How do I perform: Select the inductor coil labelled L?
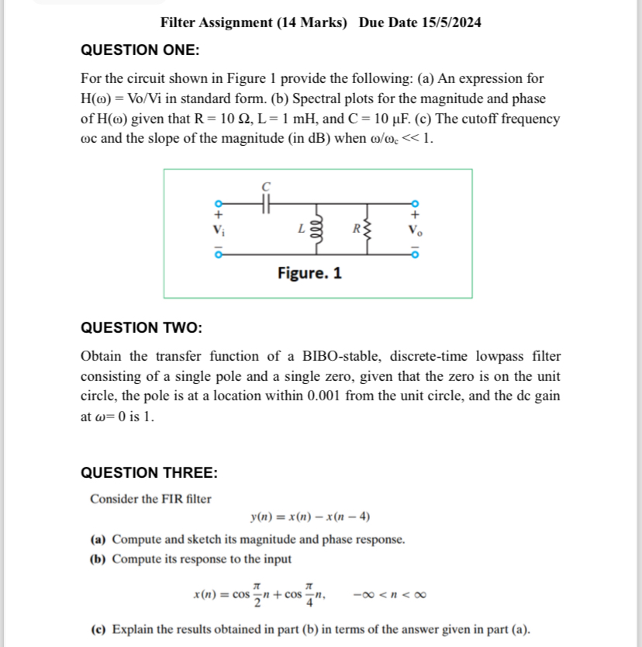[314, 230]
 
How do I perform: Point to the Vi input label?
[219, 230]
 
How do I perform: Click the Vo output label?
[416, 230]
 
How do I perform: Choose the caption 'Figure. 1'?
[310, 274]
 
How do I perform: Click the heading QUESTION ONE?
[140, 50]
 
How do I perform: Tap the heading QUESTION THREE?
[149, 472]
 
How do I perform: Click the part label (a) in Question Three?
[98, 539]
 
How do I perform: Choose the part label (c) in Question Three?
[98, 628]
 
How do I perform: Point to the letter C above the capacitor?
[265, 186]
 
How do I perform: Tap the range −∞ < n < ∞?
[388, 595]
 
